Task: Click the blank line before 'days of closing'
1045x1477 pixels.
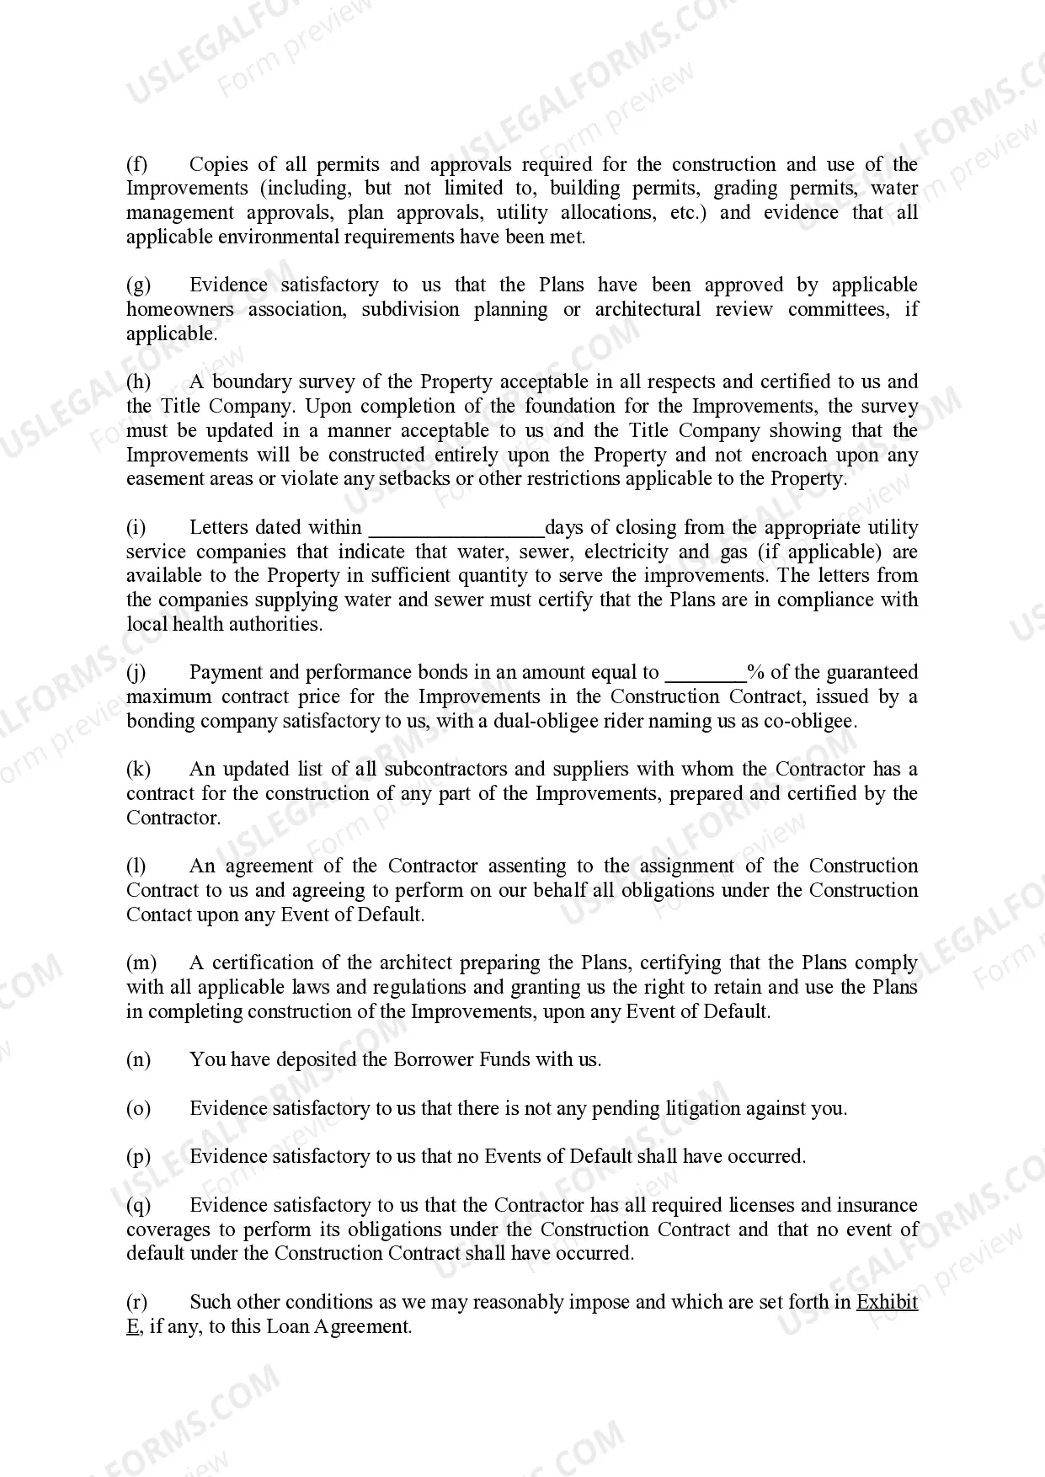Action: (x=457, y=529)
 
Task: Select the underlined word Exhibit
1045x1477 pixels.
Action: (x=887, y=1303)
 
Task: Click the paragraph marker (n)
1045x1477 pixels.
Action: (x=138, y=1060)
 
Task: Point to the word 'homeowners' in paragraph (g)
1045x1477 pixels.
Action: (x=179, y=310)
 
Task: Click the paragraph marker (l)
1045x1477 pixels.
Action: (x=136, y=866)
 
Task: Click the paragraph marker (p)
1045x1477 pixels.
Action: (x=138, y=1157)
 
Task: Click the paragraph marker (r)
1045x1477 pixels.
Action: (x=136, y=1303)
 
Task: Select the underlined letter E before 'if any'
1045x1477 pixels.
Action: (x=132, y=1327)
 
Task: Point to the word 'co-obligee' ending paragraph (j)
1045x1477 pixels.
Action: (x=813, y=722)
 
